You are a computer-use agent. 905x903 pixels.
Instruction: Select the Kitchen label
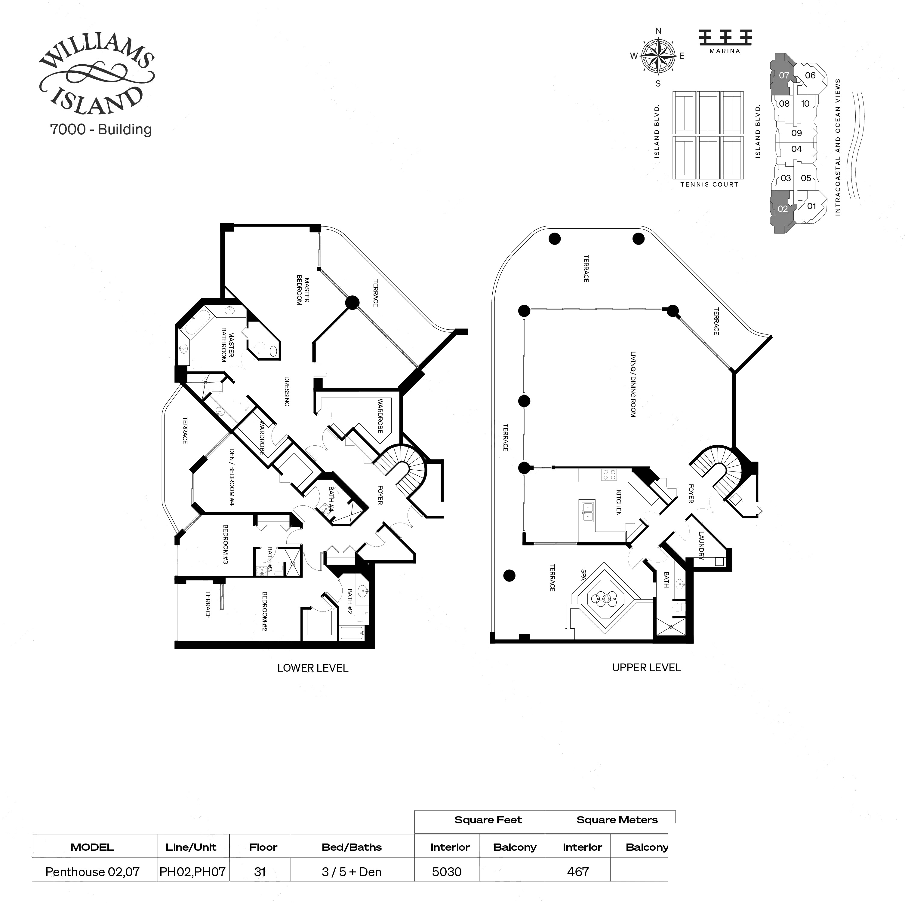[618, 503]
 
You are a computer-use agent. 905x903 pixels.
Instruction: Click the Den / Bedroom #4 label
[231, 477]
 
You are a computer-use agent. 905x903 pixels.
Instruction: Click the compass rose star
[658, 56]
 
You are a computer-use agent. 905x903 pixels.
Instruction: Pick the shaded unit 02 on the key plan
[781, 209]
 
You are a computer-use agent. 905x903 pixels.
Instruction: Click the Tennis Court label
[709, 185]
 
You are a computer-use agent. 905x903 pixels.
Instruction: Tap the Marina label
[725, 51]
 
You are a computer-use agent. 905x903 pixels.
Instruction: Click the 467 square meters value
[577, 872]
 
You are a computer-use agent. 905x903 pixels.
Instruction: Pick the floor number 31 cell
[260, 872]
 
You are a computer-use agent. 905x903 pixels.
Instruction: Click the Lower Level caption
[312, 668]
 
